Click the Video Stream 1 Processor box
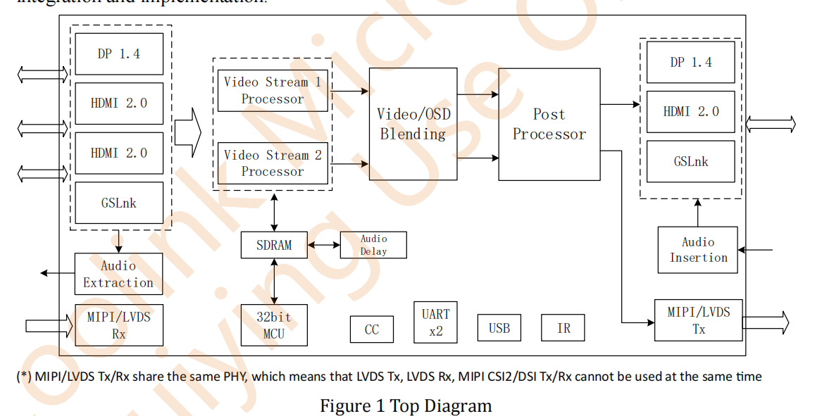(273, 90)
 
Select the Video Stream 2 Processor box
(273, 163)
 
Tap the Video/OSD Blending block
(413, 124)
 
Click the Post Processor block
(549, 124)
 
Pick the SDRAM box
(274, 245)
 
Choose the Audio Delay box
(373, 245)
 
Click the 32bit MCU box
(274, 325)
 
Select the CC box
(372, 329)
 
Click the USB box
(499, 328)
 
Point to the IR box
(563, 328)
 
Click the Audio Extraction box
(118, 274)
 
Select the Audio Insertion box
(698, 250)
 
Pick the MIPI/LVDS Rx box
(118, 325)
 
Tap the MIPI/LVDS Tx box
(698, 320)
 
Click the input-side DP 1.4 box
(118, 53)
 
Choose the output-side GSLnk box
(690, 161)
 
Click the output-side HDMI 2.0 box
(690, 111)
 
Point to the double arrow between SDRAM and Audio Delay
(324, 245)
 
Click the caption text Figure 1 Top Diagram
(406, 406)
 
